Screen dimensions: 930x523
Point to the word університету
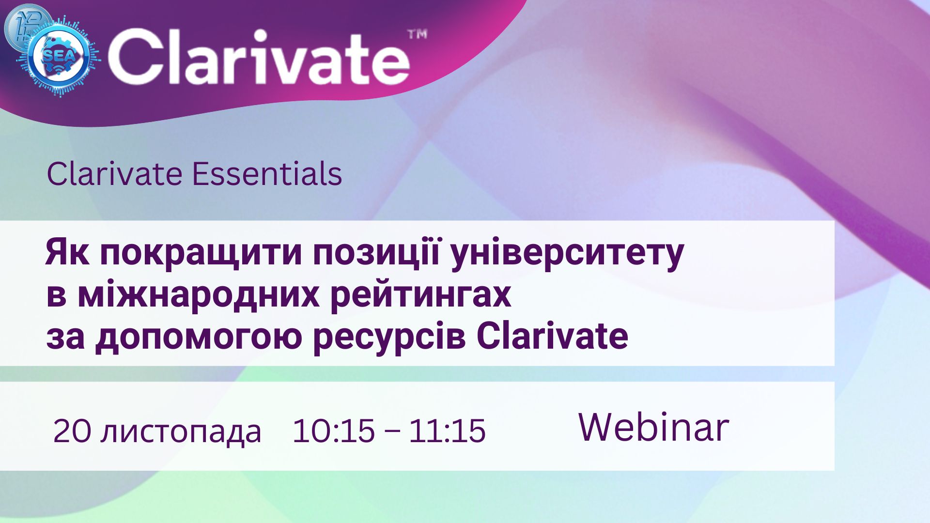click(567, 254)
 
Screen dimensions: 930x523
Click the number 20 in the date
click(72, 431)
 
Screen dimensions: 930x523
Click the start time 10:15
click(334, 431)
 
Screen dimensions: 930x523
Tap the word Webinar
click(654, 427)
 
